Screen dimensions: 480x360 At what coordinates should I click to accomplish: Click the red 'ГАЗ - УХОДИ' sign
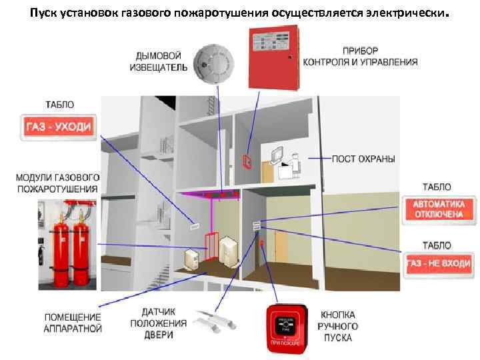tap(59, 126)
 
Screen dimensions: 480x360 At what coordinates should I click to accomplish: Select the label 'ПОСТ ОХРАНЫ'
tap(363, 159)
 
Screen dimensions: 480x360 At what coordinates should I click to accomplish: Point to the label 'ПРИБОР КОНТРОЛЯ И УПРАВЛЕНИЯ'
tap(360, 57)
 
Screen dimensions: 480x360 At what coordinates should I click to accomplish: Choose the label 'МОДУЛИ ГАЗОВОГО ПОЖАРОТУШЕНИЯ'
tap(57, 183)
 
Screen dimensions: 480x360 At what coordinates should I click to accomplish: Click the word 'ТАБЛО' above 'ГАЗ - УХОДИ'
tap(59, 105)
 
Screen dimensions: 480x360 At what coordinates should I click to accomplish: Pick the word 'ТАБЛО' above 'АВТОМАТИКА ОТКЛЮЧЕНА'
tap(437, 187)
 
